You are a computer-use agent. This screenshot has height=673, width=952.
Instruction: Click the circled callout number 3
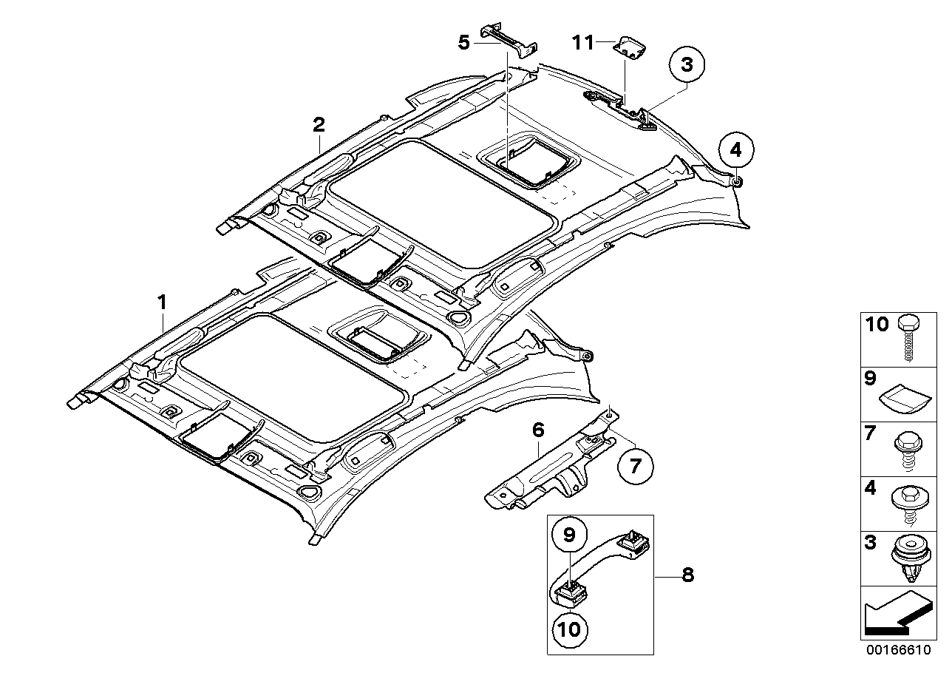687,65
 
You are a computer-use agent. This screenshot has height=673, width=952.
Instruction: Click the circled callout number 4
734,151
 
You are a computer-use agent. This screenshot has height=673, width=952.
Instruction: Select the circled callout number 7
634,466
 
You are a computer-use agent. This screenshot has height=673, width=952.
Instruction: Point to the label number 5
464,42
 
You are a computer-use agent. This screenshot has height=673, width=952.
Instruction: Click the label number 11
582,43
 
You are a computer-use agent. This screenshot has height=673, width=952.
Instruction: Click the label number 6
537,428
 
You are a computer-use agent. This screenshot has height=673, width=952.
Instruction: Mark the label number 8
687,575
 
